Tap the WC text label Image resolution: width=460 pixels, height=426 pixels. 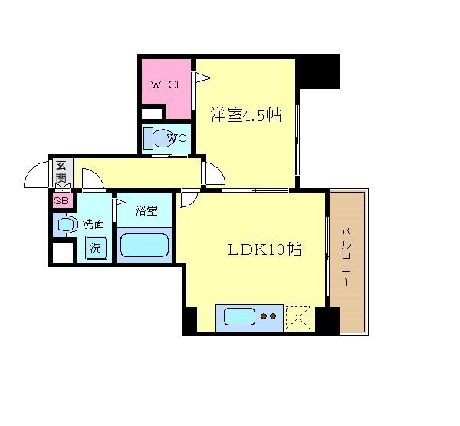[x=177, y=139]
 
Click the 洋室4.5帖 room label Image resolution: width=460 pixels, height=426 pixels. [x=245, y=115]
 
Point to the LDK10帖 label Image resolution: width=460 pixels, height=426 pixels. [x=264, y=251]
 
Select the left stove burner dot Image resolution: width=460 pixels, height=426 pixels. [x=264, y=315]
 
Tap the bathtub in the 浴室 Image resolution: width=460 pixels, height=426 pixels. [x=144, y=245]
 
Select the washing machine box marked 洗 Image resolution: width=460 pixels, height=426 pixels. [x=96, y=248]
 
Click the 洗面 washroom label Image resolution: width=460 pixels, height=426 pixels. [x=94, y=224]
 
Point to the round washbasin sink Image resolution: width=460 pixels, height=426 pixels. [x=66, y=225]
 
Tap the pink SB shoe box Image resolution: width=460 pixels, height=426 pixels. [x=60, y=201]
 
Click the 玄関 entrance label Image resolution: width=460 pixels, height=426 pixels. [x=61, y=172]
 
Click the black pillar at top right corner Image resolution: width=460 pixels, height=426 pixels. [x=318, y=71]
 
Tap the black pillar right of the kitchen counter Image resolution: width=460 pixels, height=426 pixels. [x=327, y=320]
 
